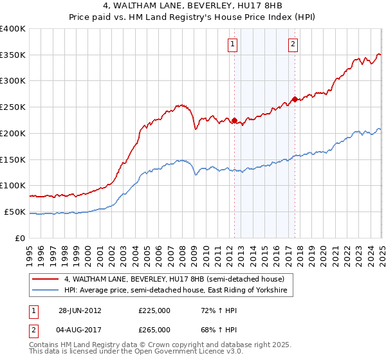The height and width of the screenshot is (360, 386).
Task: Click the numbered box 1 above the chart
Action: [x=232, y=44]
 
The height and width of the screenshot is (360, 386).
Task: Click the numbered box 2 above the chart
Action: [x=293, y=44]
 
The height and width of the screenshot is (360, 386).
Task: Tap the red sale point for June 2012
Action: [x=234, y=120]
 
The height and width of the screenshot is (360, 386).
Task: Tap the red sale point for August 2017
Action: [x=295, y=99]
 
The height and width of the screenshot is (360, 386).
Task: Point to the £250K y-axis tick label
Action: [x=13, y=107]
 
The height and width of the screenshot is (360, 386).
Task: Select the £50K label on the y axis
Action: [x=15, y=212]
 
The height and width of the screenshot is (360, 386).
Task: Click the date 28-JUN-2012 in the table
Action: [x=80, y=310]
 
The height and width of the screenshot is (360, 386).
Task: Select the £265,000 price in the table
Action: [x=154, y=330]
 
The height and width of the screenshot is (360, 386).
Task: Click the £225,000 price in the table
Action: [x=154, y=310]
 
